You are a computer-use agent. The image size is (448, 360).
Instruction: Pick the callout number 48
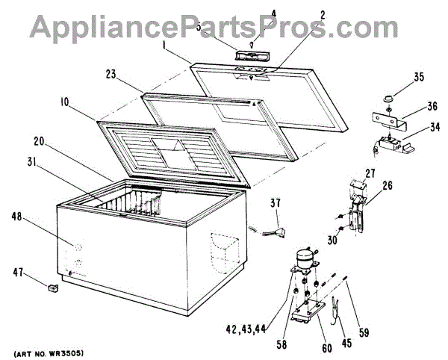click(x=37, y=217)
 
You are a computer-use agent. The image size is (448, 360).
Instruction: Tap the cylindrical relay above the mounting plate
click(x=303, y=256)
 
